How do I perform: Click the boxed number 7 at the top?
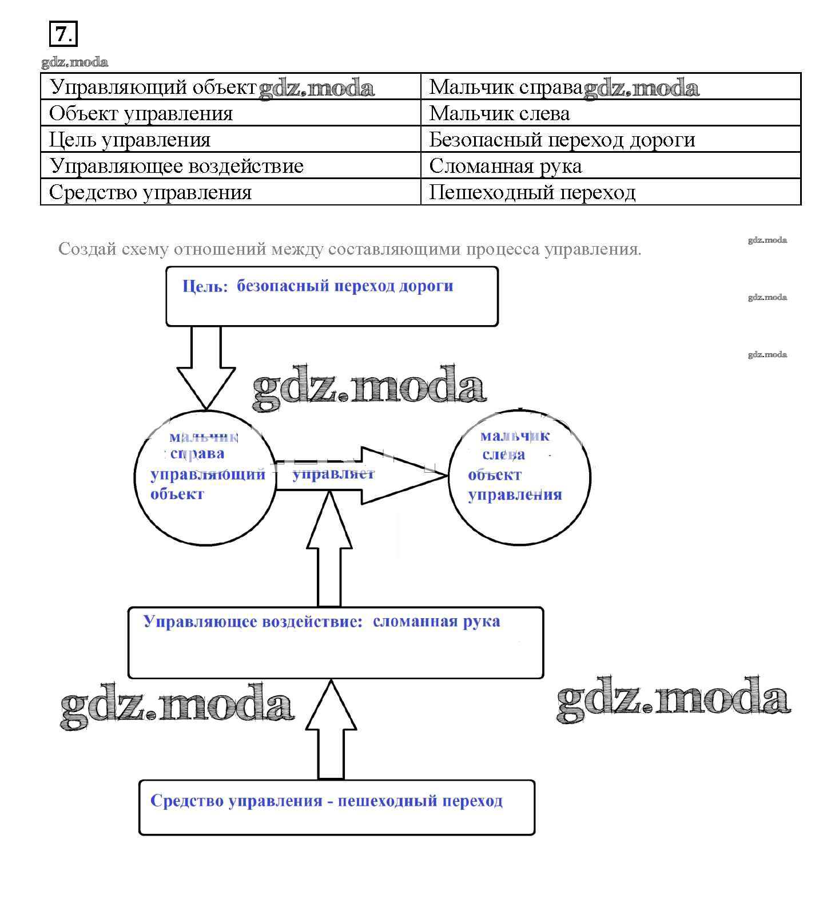coord(63,34)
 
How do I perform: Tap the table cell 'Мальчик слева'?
coord(499,113)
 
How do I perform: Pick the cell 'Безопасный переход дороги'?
coord(562,140)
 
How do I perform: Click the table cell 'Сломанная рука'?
coord(506,166)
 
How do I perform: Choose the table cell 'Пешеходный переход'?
coord(532,192)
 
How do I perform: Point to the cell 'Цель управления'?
coord(130,140)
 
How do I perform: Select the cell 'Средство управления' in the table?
coord(150,192)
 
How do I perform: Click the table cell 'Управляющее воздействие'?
coord(176,166)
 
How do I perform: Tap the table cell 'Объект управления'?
coord(141,113)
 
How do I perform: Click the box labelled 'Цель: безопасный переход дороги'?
coord(332,296)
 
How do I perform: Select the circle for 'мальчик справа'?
coord(205,477)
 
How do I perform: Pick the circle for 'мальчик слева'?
coord(519,477)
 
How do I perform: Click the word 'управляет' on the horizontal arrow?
coord(333,474)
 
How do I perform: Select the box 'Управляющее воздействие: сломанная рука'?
coord(335,642)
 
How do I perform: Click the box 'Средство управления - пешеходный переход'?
coord(336,807)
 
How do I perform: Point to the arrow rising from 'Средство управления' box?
coord(331,730)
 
